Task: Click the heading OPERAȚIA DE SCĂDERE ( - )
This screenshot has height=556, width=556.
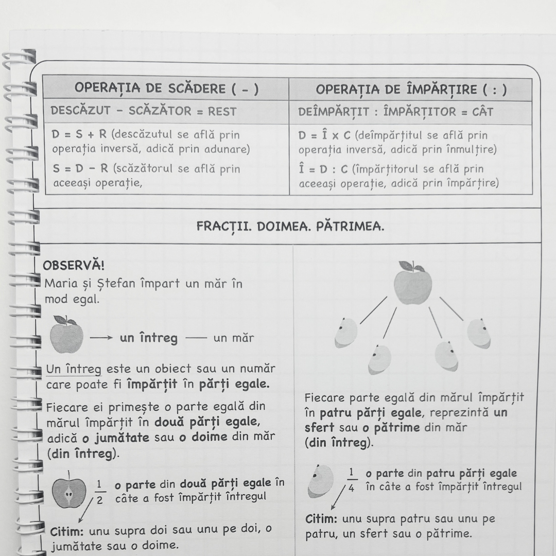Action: [166, 89]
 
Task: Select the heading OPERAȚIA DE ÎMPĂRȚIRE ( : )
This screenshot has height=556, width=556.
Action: [411, 90]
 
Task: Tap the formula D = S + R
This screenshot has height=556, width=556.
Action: [79, 135]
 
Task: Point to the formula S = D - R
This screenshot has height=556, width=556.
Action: [79, 169]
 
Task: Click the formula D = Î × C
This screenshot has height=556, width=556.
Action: [324, 135]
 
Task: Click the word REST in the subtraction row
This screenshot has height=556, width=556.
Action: [223, 111]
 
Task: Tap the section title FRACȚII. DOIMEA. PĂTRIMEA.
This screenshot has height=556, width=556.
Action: [290, 227]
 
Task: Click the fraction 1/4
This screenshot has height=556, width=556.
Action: [351, 479]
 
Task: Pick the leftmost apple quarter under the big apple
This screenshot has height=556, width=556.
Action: [345, 333]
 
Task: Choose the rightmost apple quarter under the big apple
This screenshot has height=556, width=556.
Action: [479, 334]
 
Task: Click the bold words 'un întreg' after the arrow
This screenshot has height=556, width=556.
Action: [148, 338]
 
